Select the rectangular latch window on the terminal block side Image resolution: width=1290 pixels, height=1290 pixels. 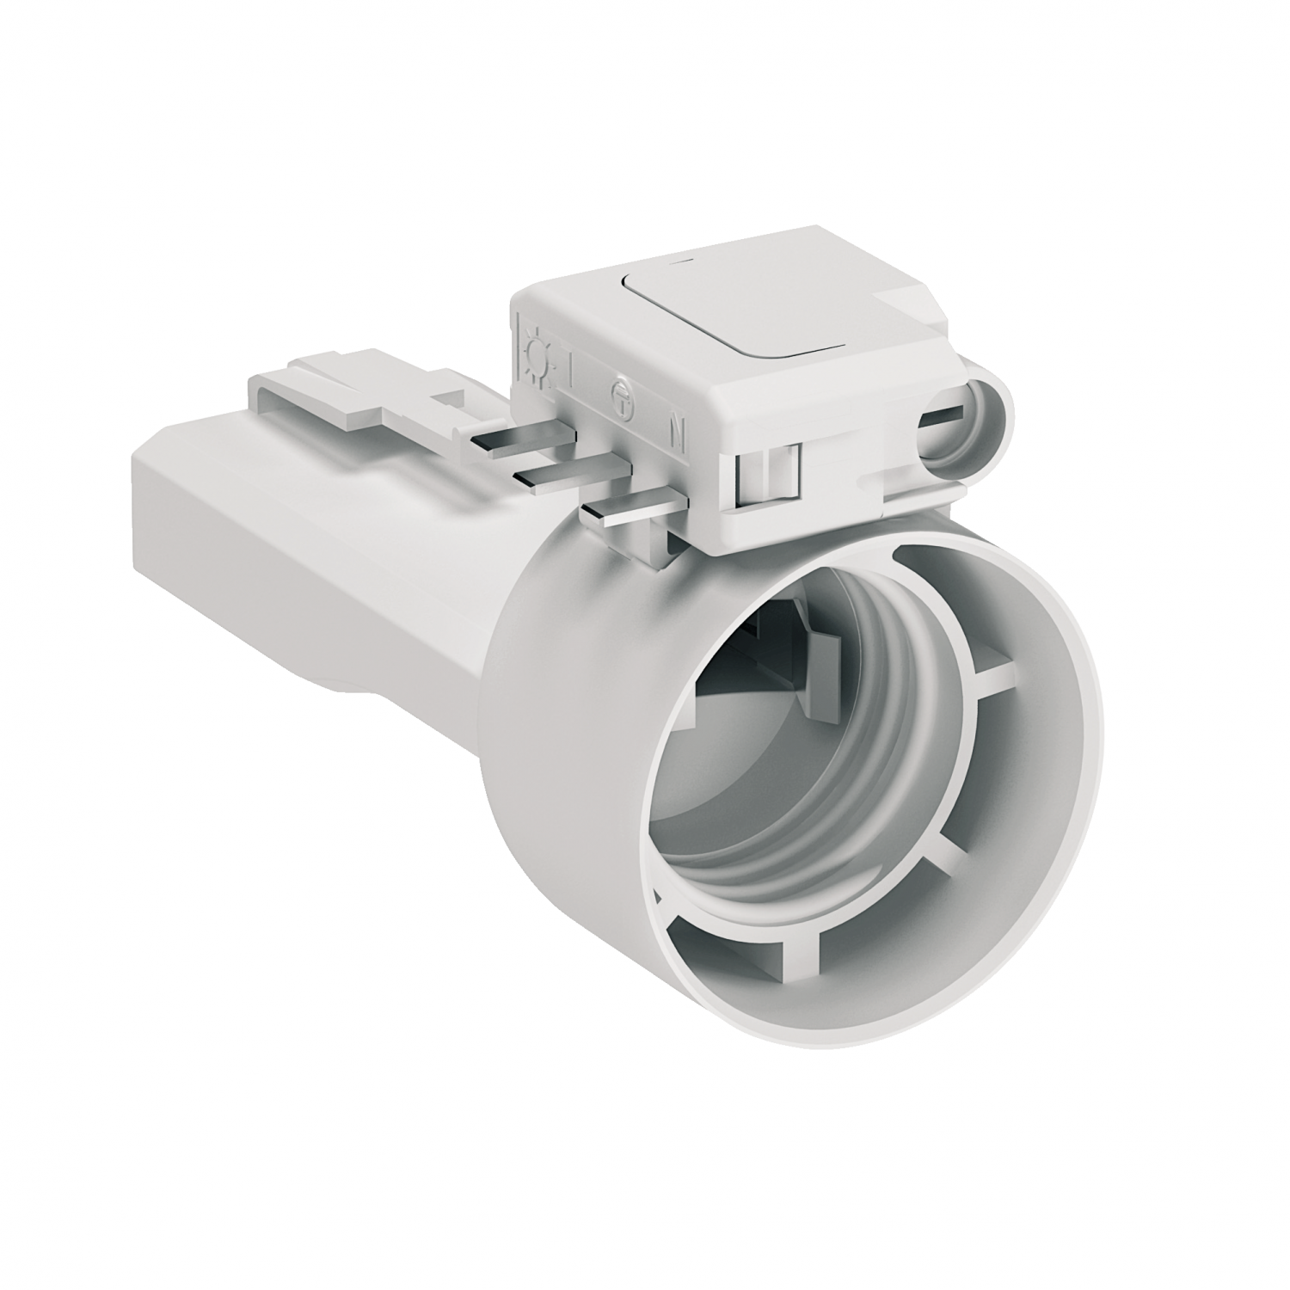point(767,471)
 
